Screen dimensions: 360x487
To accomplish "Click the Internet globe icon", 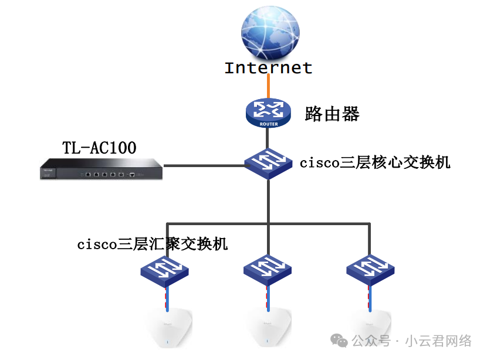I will (x=270, y=33).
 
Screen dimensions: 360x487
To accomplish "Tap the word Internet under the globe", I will (x=268, y=67).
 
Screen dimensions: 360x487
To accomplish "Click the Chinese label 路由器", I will (x=332, y=114).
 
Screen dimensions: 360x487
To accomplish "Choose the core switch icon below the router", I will (x=268, y=163).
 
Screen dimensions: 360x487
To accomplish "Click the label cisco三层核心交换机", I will (x=375, y=162).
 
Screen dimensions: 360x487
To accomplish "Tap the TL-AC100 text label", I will (x=99, y=148).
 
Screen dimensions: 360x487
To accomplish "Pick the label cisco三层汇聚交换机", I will (x=152, y=244).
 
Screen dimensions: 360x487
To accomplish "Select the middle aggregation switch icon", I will (x=268, y=270).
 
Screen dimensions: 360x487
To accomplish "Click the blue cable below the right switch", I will (x=370, y=299).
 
